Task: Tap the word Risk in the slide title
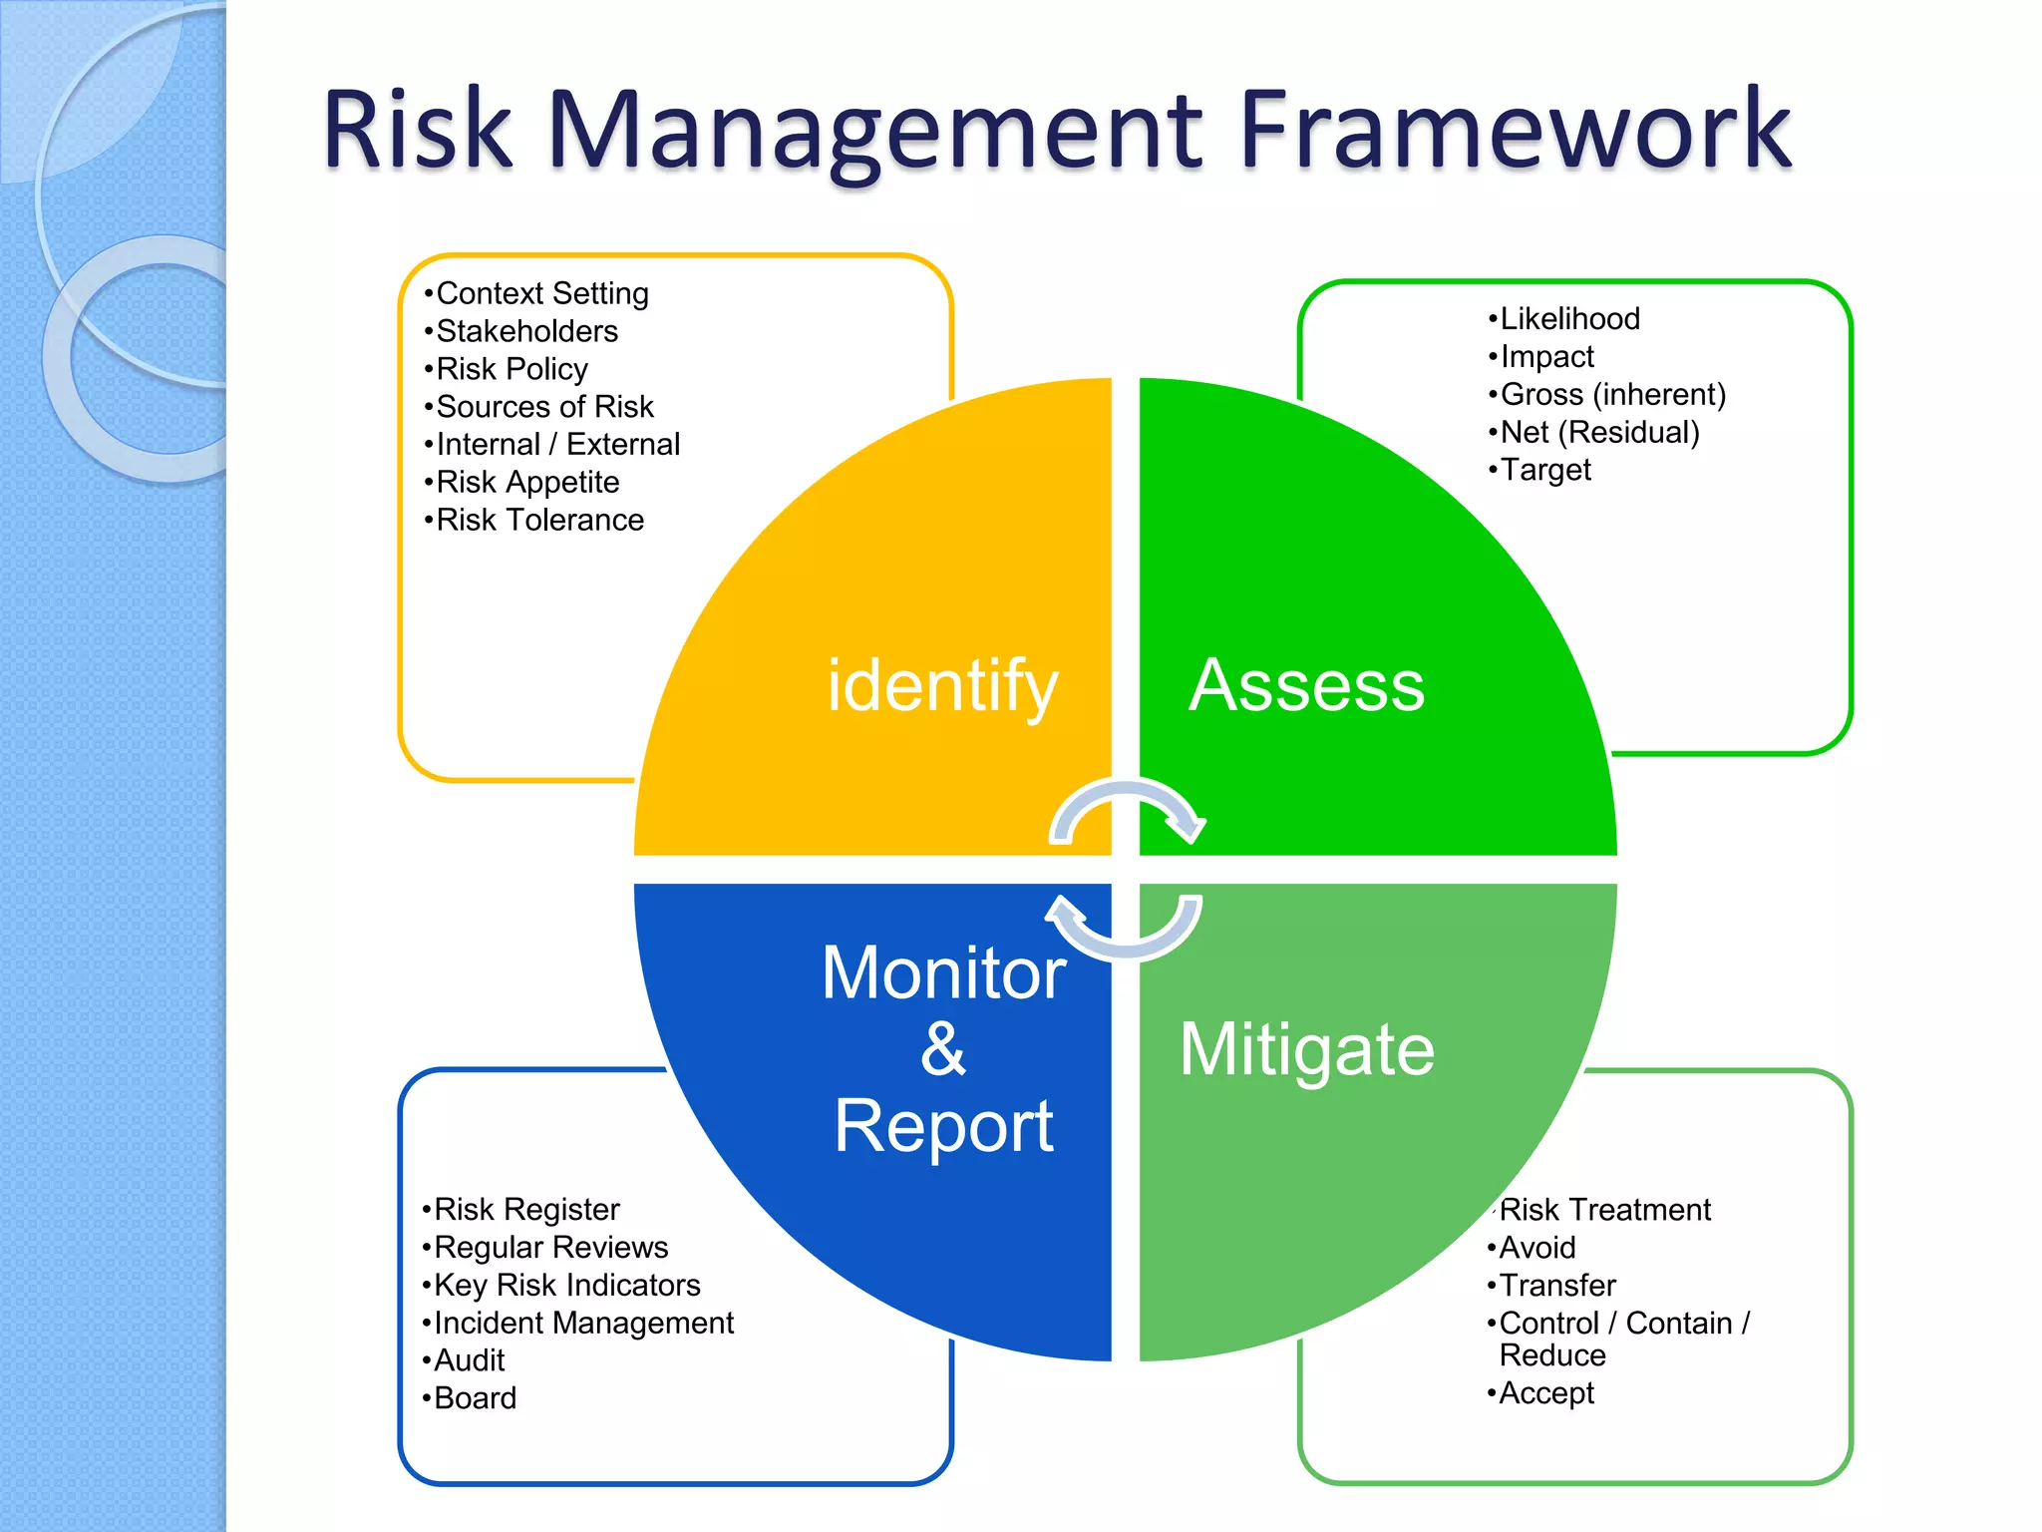pyautogui.click(x=417, y=130)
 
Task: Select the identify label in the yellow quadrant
pyautogui.click(x=941, y=686)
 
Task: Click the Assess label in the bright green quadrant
pyautogui.click(x=1307, y=686)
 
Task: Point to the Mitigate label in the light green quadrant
pyautogui.click(x=1307, y=1049)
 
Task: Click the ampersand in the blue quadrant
pyautogui.click(x=943, y=1049)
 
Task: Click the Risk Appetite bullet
pyautogui.click(x=527, y=482)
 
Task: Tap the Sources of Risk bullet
pyautogui.click(x=544, y=407)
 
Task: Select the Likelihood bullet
pyautogui.click(x=1569, y=319)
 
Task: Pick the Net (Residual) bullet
pyautogui.click(x=1599, y=432)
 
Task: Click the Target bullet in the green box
pyautogui.click(x=1545, y=470)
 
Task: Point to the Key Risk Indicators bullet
pyautogui.click(x=566, y=1285)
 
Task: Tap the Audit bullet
pyautogui.click(x=469, y=1360)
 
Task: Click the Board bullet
pyautogui.click(x=475, y=1398)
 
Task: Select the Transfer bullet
pyautogui.click(x=1556, y=1285)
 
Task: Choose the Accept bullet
pyautogui.click(x=1545, y=1393)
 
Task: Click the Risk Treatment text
pyautogui.click(x=1604, y=1210)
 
